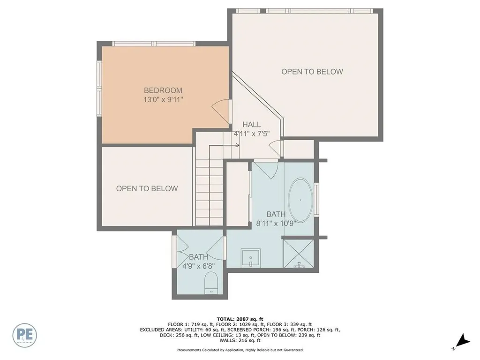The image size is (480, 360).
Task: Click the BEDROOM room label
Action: [x=163, y=90]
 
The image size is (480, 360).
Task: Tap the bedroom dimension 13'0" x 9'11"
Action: [x=163, y=99]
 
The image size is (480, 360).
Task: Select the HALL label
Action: [x=252, y=125]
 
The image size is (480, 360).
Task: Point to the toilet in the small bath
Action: [x=211, y=284]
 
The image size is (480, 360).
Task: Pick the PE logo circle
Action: [x=25, y=335]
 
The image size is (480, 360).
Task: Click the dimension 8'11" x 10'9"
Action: [x=276, y=223]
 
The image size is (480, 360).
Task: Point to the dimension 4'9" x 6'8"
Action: [x=199, y=266]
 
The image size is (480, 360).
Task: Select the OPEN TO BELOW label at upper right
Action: [x=312, y=72]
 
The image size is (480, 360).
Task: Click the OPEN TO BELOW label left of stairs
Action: [x=147, y=188]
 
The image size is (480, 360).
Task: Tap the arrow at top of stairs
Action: [x=237, y=145]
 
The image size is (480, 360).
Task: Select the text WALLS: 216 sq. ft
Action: [x=240, y=341]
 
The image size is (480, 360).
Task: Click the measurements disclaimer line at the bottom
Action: [x=240, y=350]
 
